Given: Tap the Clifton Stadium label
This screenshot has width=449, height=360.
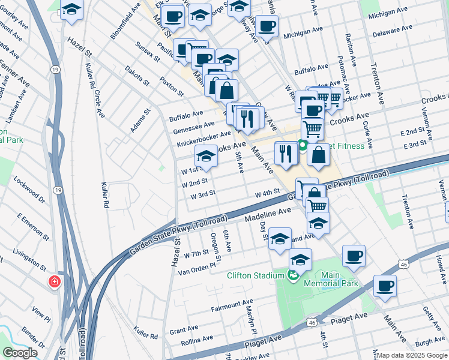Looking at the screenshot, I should tap(255, 275).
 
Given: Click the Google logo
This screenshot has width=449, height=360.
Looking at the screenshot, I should tap(20, 352).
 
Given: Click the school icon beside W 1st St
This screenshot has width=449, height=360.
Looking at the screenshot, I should tap(206, 158).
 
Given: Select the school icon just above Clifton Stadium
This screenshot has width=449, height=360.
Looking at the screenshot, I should tap(300, 260).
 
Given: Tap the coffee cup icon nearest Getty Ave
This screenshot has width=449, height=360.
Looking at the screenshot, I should tap(385, 286).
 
